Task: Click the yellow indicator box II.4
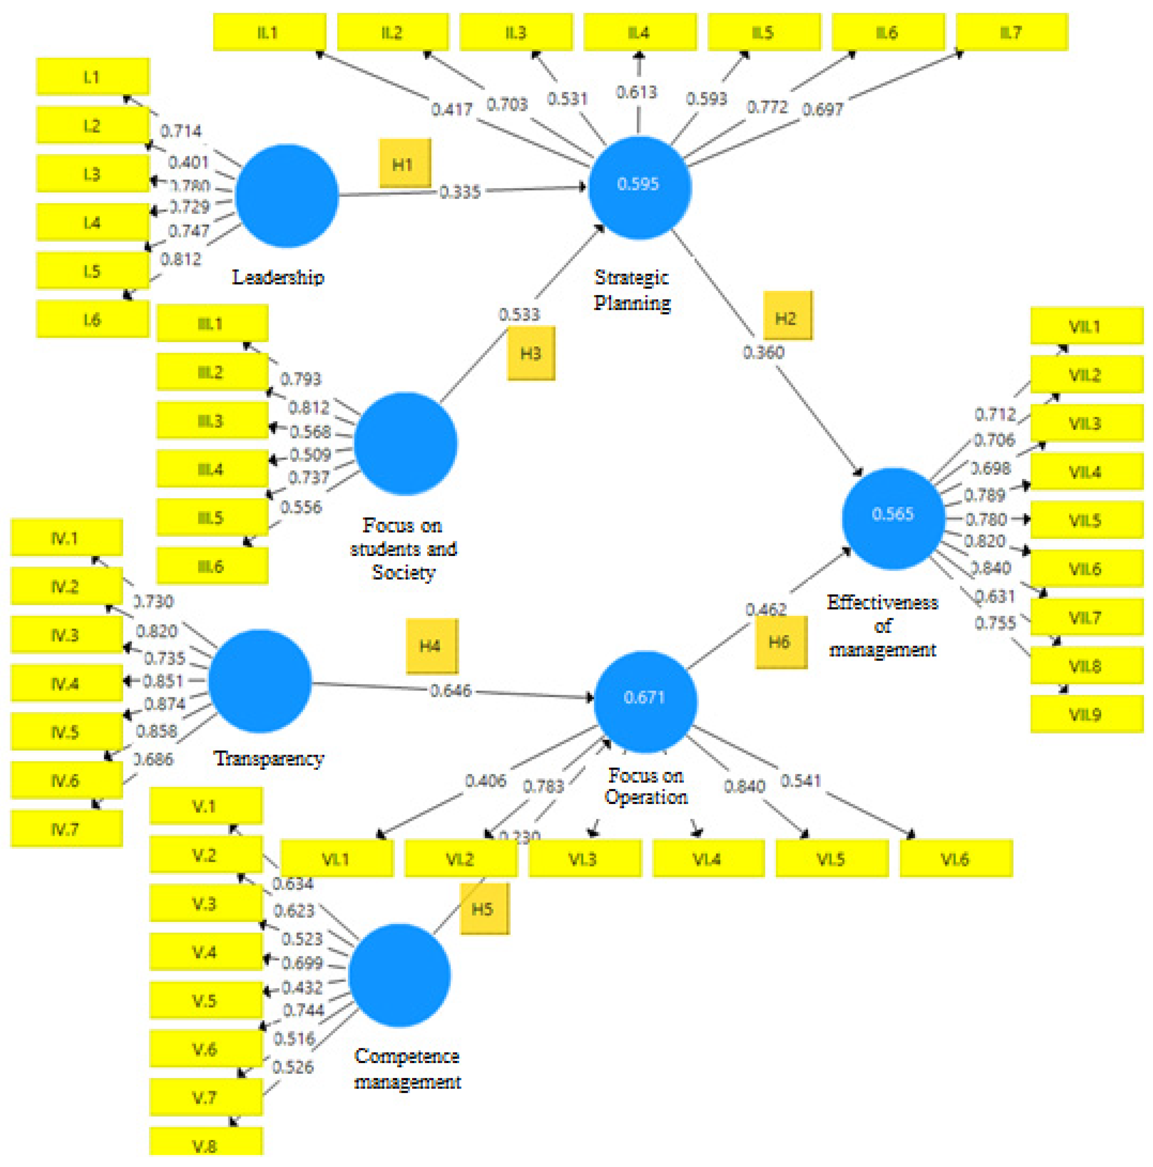point(639,32)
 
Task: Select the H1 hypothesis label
point(404,164)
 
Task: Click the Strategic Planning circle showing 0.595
point(639,187)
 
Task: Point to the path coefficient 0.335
point(459,192)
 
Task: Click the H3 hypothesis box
point(531,353)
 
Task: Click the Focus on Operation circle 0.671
point(645,701)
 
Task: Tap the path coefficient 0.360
point(763,352)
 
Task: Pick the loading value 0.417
point(452,109)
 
